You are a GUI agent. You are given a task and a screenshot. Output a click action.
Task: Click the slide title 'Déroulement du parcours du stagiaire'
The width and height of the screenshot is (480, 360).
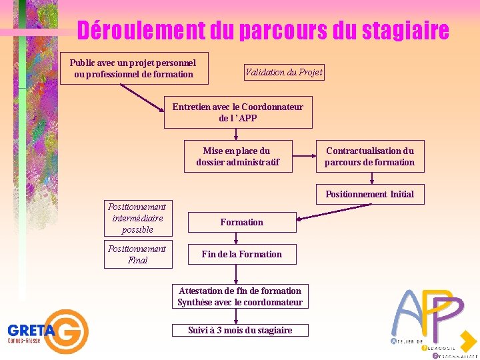[x=263, y=30]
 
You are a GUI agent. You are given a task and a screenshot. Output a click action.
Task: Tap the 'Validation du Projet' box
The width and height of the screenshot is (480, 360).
[x=284, y=73]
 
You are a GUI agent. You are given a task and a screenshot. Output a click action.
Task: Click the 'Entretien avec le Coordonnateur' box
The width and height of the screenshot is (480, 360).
[x=238, y=112]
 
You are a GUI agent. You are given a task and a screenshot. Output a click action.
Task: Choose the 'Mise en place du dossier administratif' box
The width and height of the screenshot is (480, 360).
[x=238, y=157]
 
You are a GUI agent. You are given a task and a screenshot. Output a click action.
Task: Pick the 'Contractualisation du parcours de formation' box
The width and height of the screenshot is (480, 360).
[x=369, y=157]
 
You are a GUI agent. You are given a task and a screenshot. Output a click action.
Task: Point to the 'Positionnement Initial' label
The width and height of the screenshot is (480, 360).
[x=369, y=194]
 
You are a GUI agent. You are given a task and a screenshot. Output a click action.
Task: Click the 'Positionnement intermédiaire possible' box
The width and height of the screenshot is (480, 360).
[x=138, y=218]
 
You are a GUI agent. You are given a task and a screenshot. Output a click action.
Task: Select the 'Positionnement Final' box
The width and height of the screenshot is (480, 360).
[x=138, y=255]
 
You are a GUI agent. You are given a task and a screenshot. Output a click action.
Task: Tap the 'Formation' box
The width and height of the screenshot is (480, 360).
[x=242, y=222]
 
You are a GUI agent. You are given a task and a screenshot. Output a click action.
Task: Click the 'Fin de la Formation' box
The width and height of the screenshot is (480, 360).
[x=242, y=254]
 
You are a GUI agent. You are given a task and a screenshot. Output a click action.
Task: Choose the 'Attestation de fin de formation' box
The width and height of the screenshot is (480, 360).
[x=240, y=297]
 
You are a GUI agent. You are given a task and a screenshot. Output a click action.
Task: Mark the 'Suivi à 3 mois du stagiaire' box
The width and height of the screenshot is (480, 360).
[x=240, y=330]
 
